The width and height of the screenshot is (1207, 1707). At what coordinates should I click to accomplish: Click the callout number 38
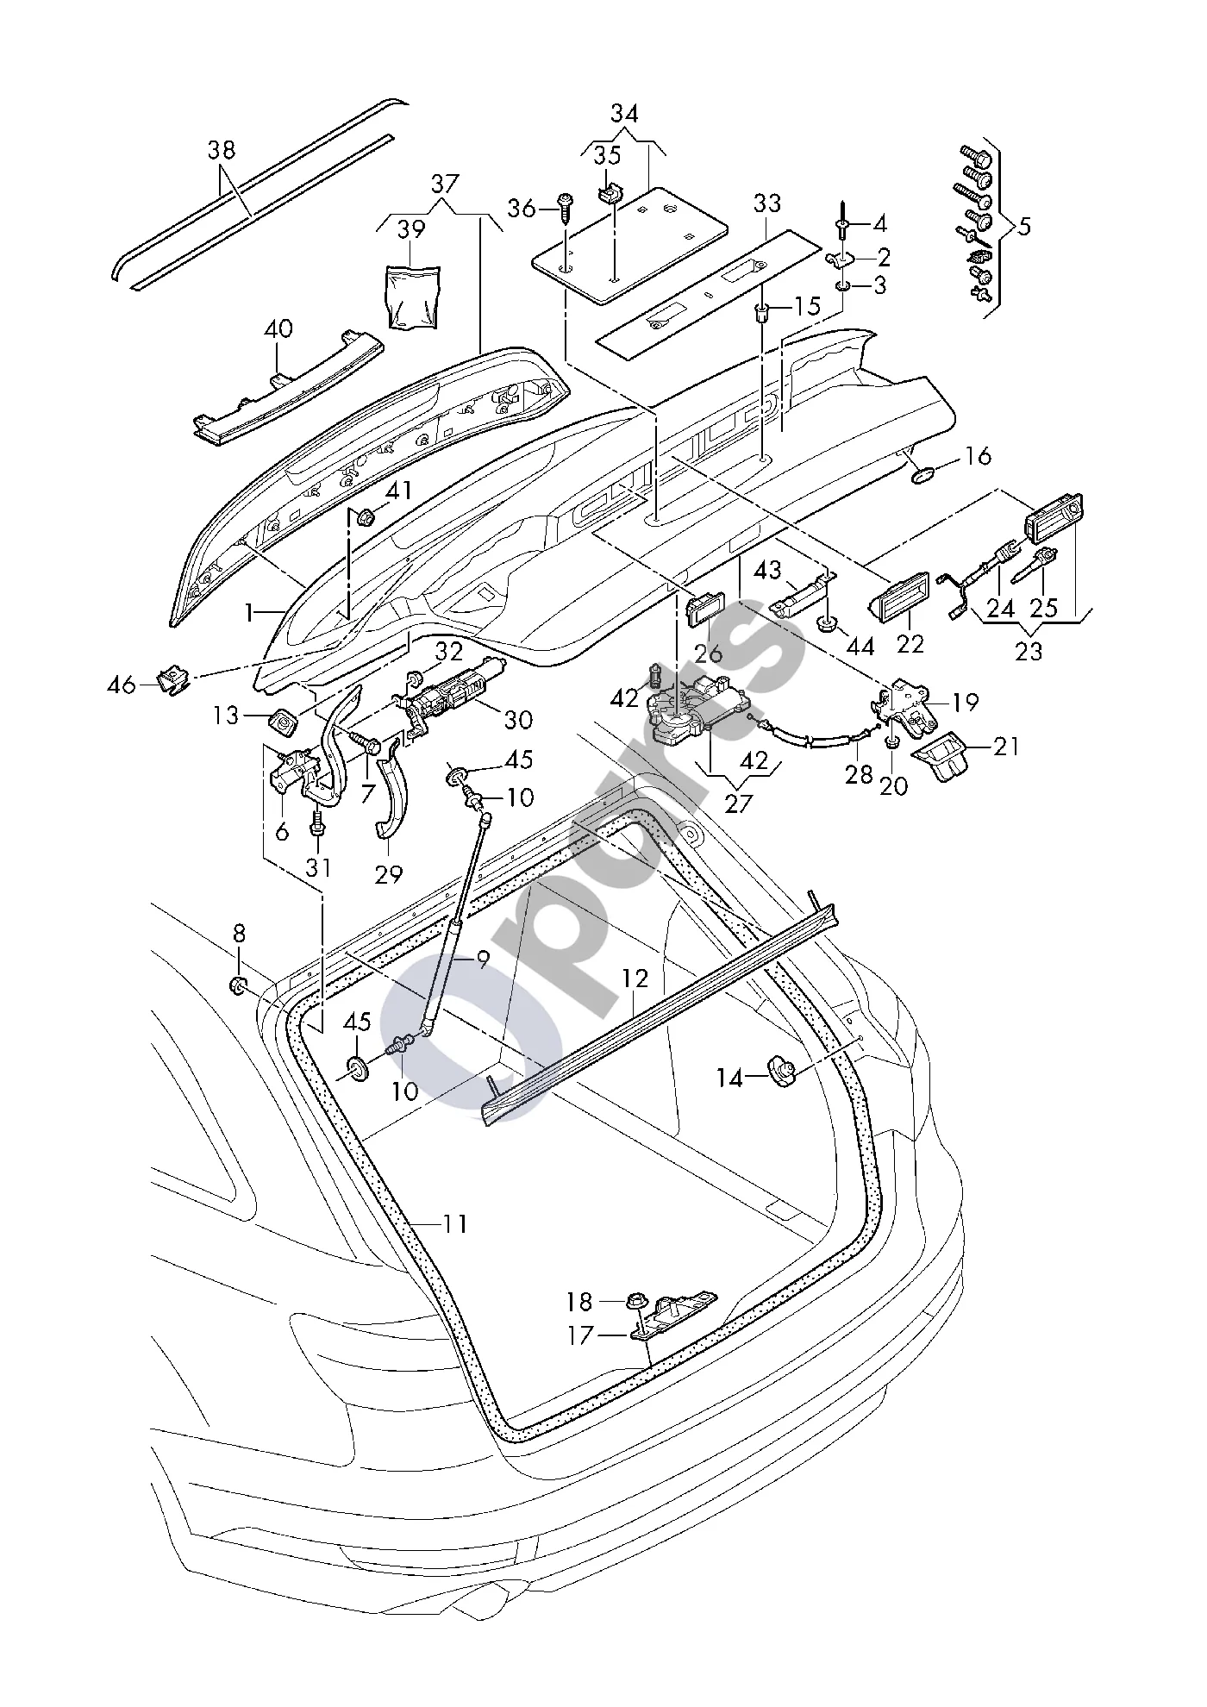222,149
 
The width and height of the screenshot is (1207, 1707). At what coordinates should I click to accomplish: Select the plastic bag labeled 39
412,297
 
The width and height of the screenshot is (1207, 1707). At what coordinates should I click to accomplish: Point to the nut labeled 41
366,518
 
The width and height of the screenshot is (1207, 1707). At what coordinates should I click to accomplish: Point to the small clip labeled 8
237,985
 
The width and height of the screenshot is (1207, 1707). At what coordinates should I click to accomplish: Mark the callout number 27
739,802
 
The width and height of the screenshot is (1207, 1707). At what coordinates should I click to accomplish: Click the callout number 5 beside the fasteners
1023,228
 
